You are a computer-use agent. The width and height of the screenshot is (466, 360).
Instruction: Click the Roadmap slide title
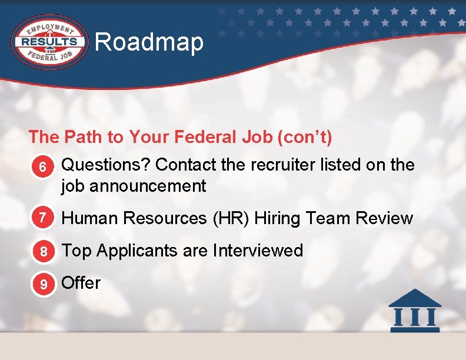(149, 42)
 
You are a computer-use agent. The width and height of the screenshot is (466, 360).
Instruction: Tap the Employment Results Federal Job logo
(50, 41)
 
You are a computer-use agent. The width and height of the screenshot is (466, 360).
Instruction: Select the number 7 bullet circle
(42, 219)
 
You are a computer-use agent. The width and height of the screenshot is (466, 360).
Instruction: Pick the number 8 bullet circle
(42, 251)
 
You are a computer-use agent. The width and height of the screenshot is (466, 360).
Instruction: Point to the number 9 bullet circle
(42, 284)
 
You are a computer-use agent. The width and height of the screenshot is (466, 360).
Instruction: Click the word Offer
(81, 283)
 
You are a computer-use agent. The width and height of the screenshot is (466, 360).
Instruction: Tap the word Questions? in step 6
(106, 165)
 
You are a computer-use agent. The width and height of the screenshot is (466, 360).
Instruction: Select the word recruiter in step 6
(282, 165)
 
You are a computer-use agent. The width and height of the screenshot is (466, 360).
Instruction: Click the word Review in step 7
(384, 219)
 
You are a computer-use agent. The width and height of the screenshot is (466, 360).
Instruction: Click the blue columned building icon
(415, 310)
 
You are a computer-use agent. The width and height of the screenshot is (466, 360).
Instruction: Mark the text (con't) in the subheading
(308, 138)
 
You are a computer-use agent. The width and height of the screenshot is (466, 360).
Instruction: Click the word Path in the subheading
(82, 138)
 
